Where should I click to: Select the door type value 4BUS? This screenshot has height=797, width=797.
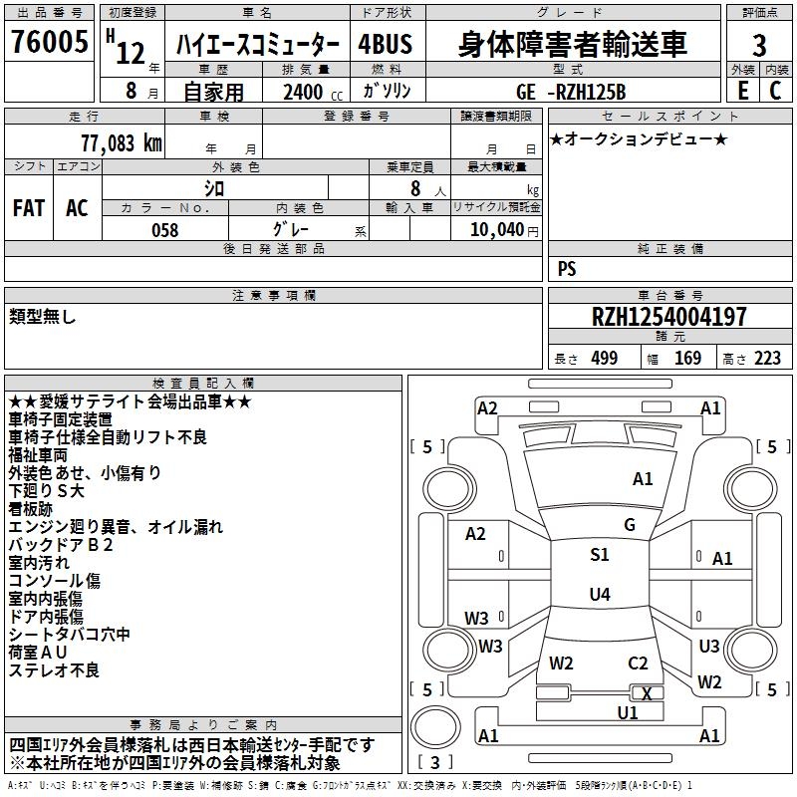click(386, 46)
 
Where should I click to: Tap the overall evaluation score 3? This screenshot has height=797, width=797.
click(759, 46)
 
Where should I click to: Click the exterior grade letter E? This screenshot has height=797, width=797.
click(741, 90)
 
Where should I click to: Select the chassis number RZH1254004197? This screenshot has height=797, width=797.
click(668, 317)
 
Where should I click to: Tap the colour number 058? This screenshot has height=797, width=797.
click(164, 230)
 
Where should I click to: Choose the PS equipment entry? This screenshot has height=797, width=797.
click(567, 269)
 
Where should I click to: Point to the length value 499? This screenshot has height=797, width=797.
click(604, 359)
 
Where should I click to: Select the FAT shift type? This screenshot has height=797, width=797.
click(29, 208)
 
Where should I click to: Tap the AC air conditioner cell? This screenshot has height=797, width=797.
click(77, 208)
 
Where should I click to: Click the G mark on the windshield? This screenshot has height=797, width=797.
click(629, 525)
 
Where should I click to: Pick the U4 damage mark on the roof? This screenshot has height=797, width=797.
click(599, 595)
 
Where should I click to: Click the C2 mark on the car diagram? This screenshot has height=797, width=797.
click(638, 663)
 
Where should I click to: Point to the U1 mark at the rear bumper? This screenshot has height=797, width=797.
click(628, 712)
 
